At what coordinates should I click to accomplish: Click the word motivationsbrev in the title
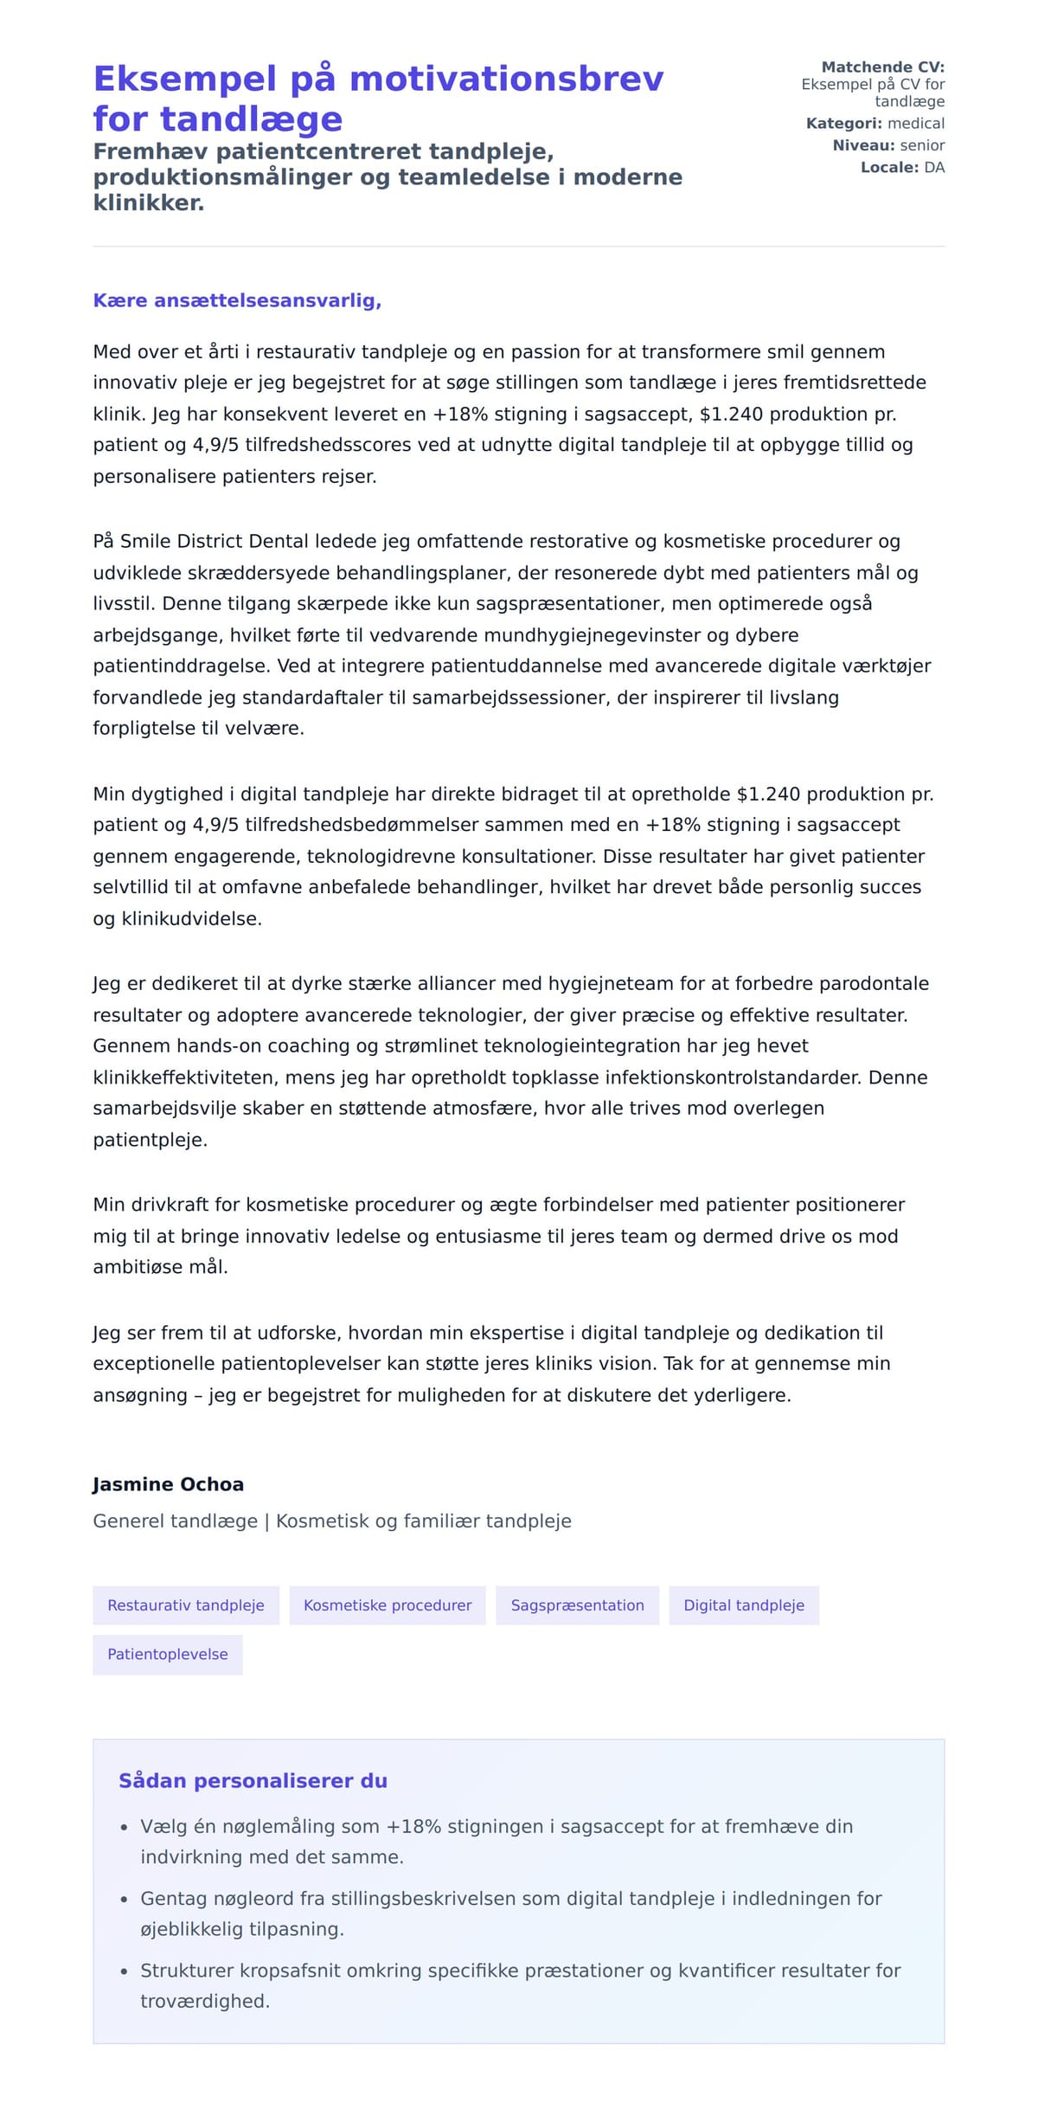tap(506, 79)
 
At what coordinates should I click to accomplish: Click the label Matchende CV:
tap(882, 67)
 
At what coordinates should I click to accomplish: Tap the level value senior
tap(921, 145)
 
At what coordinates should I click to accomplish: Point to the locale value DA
tap(933, 167)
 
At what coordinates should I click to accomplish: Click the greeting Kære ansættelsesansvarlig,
tap(237, 300)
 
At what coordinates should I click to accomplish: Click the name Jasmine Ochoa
tap(168, 1484)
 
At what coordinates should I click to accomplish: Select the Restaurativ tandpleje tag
tap(185, 1605)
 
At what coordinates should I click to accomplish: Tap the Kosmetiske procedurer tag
tap(387, 1605)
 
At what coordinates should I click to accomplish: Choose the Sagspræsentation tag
tap(577, 1605)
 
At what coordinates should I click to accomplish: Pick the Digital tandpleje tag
tap(743, 1605)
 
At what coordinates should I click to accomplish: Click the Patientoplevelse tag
tap(167, 1654)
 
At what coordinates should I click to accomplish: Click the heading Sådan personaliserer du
tap(253, 1780)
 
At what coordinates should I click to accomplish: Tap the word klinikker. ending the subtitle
tap(149, 203)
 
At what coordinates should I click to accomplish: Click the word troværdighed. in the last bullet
tap(205, 2001)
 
